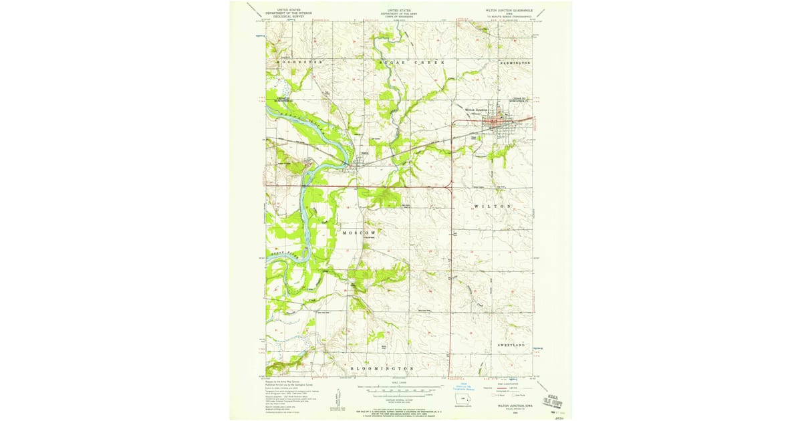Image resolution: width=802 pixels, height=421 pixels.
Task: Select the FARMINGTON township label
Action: tap(515, 62)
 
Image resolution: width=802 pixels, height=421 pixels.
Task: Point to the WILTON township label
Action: tap(493, 206)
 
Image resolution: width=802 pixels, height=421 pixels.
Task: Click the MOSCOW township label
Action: tap(364, 233)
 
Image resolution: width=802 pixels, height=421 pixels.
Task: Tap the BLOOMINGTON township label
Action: tap(382, 368)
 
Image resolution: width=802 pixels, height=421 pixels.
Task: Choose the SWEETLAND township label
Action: tap(512, 344)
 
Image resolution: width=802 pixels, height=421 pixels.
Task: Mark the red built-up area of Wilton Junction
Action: tap(499, 122)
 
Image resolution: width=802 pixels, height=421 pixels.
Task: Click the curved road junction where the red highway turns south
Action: tap(450, 189)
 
